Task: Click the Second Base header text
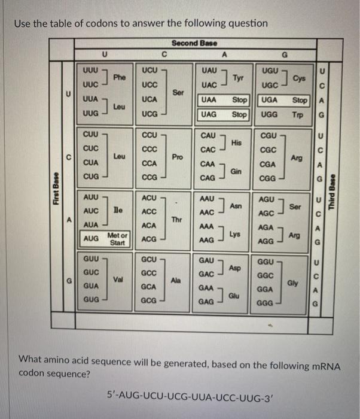tap(194, 43)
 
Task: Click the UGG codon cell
tap(270, 114)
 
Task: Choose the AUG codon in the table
tap(91, 238)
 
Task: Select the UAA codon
tap(209, 100)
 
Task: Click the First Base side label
tap(56, 188)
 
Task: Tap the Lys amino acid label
tap(234, 234)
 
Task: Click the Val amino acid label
tap(119, 280)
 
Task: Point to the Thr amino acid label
tap(176, 219)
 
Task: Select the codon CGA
tap(267, 163)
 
